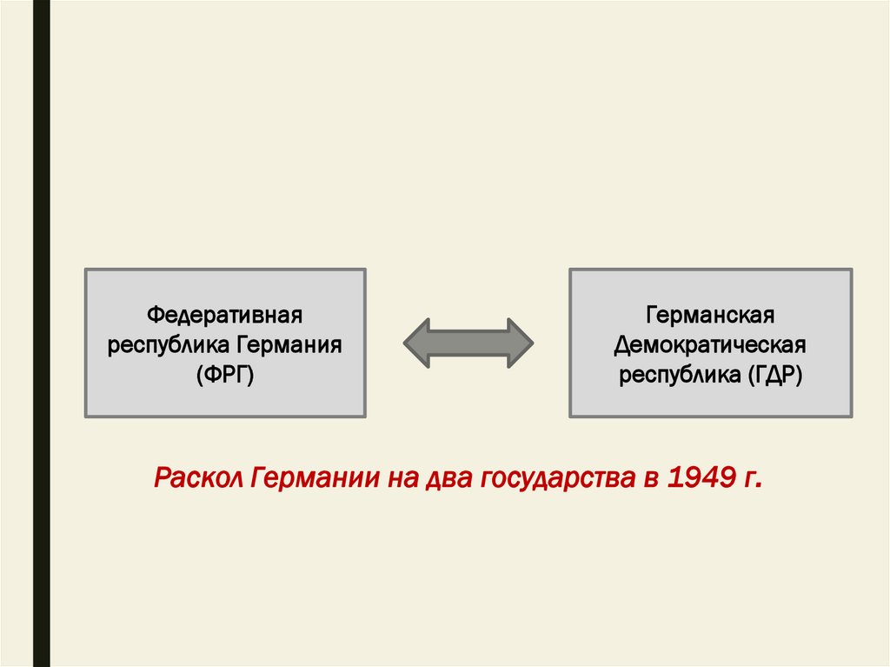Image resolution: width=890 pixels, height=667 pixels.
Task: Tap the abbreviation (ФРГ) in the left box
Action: (224, 375)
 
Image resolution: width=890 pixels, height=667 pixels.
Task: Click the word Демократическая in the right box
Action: (710, 344)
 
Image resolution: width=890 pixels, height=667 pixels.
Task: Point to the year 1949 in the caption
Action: (700, 478)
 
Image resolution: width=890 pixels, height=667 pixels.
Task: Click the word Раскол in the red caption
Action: (196, 478)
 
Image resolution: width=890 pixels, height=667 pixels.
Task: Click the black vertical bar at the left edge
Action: (41, 333)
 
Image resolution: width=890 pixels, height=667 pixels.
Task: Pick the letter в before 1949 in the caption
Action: (650, 478)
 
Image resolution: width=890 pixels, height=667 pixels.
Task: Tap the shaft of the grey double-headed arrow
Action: (468, 343)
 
